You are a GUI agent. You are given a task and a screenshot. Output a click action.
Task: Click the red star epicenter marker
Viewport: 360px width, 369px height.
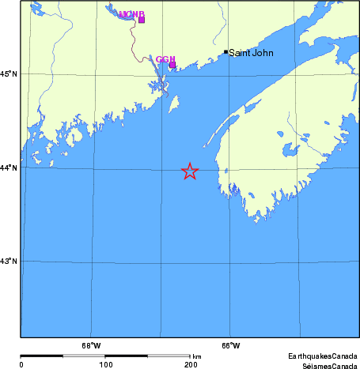[190, 171]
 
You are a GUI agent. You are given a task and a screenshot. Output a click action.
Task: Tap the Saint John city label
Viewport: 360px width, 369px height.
[251, 54]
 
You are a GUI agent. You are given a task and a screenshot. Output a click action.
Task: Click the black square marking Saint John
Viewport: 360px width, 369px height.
[225, 52]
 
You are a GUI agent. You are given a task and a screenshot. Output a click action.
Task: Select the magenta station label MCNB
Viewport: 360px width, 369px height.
[131, 14]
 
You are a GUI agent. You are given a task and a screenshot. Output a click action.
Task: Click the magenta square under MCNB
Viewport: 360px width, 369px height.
[142, 20]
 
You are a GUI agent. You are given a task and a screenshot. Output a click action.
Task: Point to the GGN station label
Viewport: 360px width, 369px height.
[165, 59]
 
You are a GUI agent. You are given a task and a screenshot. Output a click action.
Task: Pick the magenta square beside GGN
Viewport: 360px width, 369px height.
[172, 64]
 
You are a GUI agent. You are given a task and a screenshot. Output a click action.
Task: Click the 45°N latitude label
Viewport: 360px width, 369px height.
[9, 74]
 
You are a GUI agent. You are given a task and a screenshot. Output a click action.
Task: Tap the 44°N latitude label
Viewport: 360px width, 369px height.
[9, 168]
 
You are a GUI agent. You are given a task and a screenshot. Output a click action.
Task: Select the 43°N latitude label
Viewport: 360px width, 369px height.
[9, 261]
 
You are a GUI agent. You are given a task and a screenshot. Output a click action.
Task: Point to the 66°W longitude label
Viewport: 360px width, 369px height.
[230, 345]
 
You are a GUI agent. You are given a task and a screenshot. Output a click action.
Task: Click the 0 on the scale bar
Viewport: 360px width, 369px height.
[21, 364]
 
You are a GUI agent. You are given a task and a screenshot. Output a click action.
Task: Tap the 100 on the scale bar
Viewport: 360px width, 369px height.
[105, 364]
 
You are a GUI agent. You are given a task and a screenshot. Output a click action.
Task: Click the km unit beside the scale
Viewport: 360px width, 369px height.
[196, 357]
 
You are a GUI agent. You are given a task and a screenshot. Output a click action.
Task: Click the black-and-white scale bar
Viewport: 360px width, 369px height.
[105, 356]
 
